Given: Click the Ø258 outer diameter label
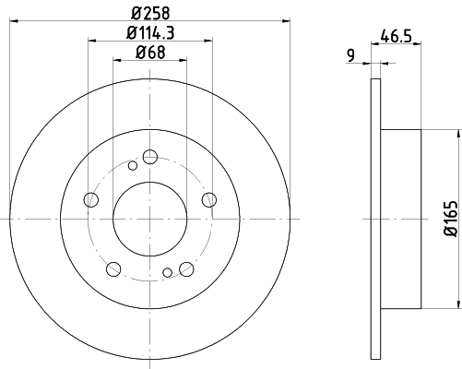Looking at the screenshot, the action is click(x=150, y=13).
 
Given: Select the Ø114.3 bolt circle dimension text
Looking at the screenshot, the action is click(x=150, y=33).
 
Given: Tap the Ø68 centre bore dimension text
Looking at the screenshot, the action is click(x=150, y=53).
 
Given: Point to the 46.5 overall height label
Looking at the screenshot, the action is click(x=396, y=36).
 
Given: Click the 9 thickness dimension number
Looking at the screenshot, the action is click(x=350, y=55).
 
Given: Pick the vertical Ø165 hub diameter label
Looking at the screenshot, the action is click(x=451, y=219).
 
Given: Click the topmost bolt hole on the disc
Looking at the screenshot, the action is click(x=150, y=157).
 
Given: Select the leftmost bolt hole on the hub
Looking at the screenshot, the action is click(x=91, y=200).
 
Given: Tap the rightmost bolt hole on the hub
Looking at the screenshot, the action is click(x=209, y=200).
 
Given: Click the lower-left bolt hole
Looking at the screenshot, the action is click(x=113, y=269).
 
